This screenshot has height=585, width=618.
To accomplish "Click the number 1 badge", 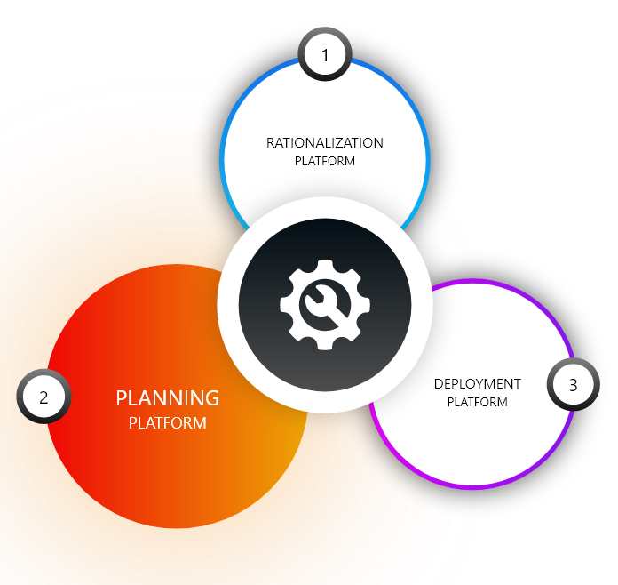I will click(325, 55).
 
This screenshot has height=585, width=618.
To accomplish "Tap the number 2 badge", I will click(43, 397).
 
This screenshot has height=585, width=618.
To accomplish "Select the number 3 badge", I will click(573, 385).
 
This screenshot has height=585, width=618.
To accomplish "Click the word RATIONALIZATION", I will click(325, 142).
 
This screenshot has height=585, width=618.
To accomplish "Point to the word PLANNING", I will click(167, 398).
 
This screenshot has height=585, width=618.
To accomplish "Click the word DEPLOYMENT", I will click(478, 384).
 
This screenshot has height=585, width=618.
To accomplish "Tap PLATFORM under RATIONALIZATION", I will click(325, 161).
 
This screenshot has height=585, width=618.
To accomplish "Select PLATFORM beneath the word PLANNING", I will click(167, 423).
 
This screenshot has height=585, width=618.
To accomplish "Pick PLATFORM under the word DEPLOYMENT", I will click(478, 402).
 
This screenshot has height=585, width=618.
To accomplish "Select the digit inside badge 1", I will click(325, 55).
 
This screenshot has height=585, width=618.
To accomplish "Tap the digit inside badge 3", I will click(573, 385).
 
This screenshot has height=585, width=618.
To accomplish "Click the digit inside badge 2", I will click(43, 397).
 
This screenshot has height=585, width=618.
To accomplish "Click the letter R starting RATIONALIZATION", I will click(271, 142).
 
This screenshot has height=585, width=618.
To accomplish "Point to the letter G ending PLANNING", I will click(211, 398).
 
